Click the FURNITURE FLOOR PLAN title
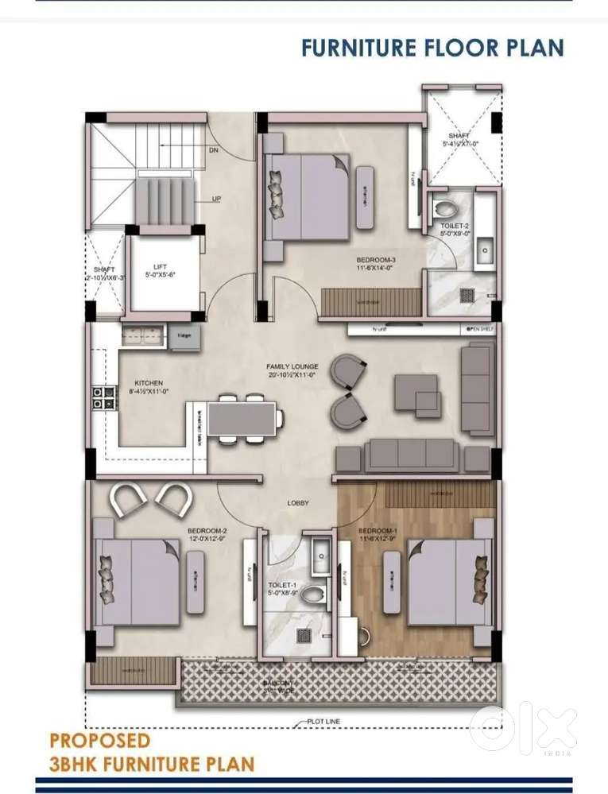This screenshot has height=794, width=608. coord(432,48)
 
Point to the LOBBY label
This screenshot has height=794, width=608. coord(298,502)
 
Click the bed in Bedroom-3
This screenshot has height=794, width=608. coord(306,196)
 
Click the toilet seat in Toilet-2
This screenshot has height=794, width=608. coord(445,210)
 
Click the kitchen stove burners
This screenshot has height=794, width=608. coord(100,397)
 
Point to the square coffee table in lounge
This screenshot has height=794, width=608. coord(418,394)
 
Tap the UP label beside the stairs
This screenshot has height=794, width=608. coord(216,199)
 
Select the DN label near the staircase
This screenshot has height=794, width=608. coord(214,149)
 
